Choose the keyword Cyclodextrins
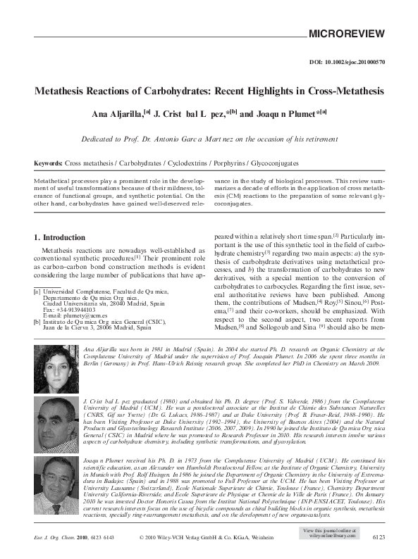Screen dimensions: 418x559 click(186, 162)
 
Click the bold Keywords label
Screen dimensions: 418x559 click(49, 162)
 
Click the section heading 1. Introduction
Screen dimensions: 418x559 click(59, 237)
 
